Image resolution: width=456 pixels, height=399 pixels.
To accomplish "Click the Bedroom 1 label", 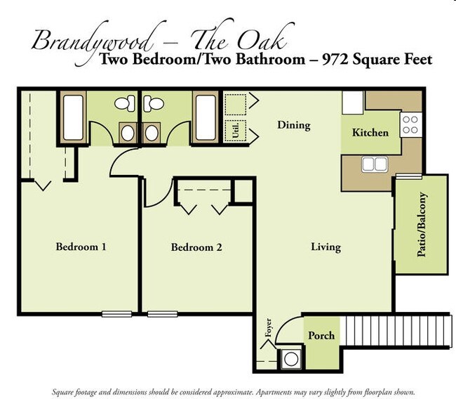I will coord(81,247).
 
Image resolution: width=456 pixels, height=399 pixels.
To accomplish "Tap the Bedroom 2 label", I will coord(196,247).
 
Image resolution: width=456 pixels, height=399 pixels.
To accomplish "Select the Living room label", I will coord(326,247).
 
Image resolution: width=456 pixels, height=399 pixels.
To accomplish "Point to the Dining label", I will coord(293,125).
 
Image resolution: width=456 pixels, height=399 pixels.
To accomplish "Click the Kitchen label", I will coord(370,132).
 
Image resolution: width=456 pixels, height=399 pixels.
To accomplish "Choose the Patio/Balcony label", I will coord(422,223).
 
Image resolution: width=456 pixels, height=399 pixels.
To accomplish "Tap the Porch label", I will coord(321,336).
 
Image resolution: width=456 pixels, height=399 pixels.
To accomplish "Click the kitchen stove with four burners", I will coord(410,125).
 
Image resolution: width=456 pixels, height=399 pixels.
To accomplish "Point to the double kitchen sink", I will coord(374,164).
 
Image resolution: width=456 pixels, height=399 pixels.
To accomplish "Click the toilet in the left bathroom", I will coord(124,105).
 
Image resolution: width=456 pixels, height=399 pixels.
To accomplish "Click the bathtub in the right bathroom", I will coord(204,117).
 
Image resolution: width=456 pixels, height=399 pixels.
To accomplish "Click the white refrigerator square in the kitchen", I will coord(352,103).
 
